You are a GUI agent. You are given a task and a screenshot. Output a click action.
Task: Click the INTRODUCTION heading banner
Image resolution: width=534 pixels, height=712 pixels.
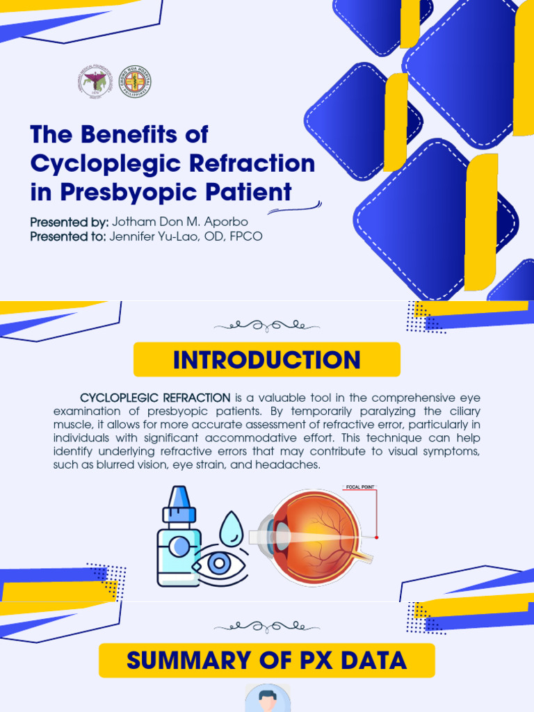[x=267, y=359]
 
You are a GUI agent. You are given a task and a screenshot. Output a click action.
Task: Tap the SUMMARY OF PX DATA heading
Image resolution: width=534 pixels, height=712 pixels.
[x=267, y=660]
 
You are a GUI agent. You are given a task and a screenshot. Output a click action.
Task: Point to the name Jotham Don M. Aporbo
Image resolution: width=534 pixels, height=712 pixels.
[x=180, y=222]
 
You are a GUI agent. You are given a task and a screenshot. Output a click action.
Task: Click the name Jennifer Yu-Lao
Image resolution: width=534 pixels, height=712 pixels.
[x=154, y=237]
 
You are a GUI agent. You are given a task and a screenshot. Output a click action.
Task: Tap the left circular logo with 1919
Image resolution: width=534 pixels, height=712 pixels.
[x=95, y=83]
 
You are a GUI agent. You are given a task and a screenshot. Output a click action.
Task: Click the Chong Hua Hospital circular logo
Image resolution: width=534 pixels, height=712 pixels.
[x=134, y=83]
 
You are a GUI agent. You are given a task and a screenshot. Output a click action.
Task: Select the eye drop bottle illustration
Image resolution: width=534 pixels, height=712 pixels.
[x=179, y=539]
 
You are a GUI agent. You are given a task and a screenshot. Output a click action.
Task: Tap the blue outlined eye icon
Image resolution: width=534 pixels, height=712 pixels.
[x=220, y=564]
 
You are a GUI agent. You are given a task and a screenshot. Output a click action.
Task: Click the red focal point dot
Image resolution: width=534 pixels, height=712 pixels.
[x=376, y=537]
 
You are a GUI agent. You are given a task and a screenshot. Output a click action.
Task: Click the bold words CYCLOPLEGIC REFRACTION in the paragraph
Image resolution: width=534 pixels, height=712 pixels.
[x=155, y=398]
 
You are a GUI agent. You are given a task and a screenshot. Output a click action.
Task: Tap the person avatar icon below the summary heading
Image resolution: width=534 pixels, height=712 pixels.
[x=267, y=699]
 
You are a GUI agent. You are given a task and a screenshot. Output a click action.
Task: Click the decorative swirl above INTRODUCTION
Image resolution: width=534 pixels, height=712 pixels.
[x=267, y=325]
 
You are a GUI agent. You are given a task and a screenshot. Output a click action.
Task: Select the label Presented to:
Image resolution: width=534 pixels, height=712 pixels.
[x=67, y=237]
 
